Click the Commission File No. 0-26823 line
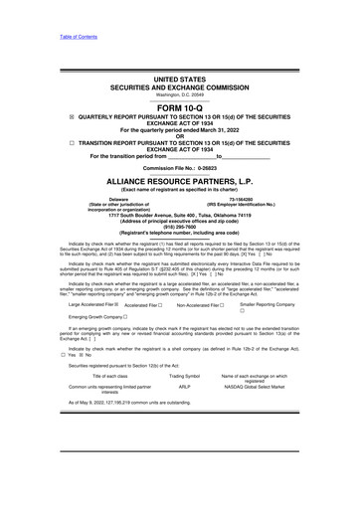[179, 196]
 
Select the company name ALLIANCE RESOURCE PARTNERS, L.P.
[179, 210]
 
